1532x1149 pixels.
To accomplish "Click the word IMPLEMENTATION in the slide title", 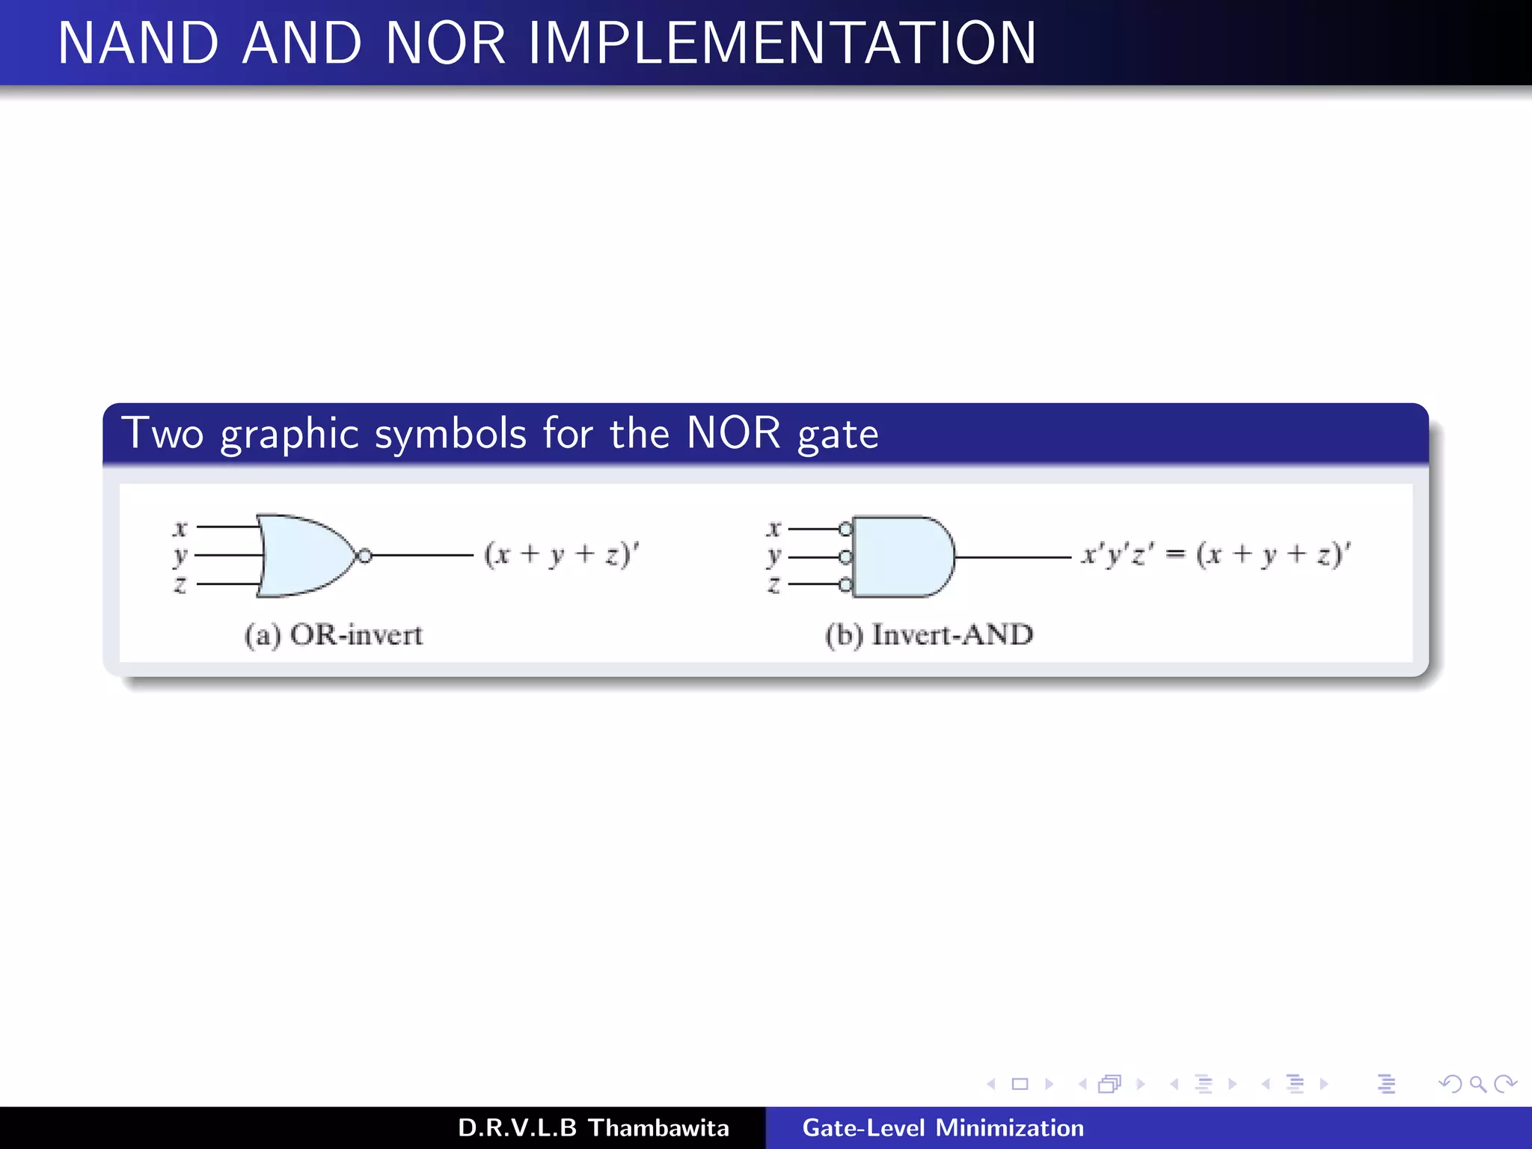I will tap(782, 43).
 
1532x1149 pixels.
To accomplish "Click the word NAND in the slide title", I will tap(138, 43).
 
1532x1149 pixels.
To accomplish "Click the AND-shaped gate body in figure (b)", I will tap(901, 557).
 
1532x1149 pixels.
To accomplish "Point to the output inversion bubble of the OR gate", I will tap(364, 556).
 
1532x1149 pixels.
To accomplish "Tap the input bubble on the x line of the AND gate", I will tap(845, 529).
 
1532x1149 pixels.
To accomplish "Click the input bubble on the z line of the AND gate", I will tap(845, 585).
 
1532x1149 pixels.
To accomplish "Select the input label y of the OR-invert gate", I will tap(180, 556).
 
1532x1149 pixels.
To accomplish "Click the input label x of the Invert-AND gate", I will tap(773, 529).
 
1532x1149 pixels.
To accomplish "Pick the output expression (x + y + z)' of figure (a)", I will tap(562, 555).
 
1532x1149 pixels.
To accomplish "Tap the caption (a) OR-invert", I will tap(334, 635).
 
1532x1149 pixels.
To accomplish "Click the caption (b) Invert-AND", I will tap(929, 635).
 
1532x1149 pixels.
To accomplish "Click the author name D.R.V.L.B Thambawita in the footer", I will tap(593, 1128).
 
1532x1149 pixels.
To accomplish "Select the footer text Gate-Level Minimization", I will tap(943, 1128).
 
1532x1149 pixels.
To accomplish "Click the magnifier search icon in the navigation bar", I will tap(1477, 1084).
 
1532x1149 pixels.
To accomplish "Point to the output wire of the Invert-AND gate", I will tap(1014, 557).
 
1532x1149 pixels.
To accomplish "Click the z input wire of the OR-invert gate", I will tap(228, 583).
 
